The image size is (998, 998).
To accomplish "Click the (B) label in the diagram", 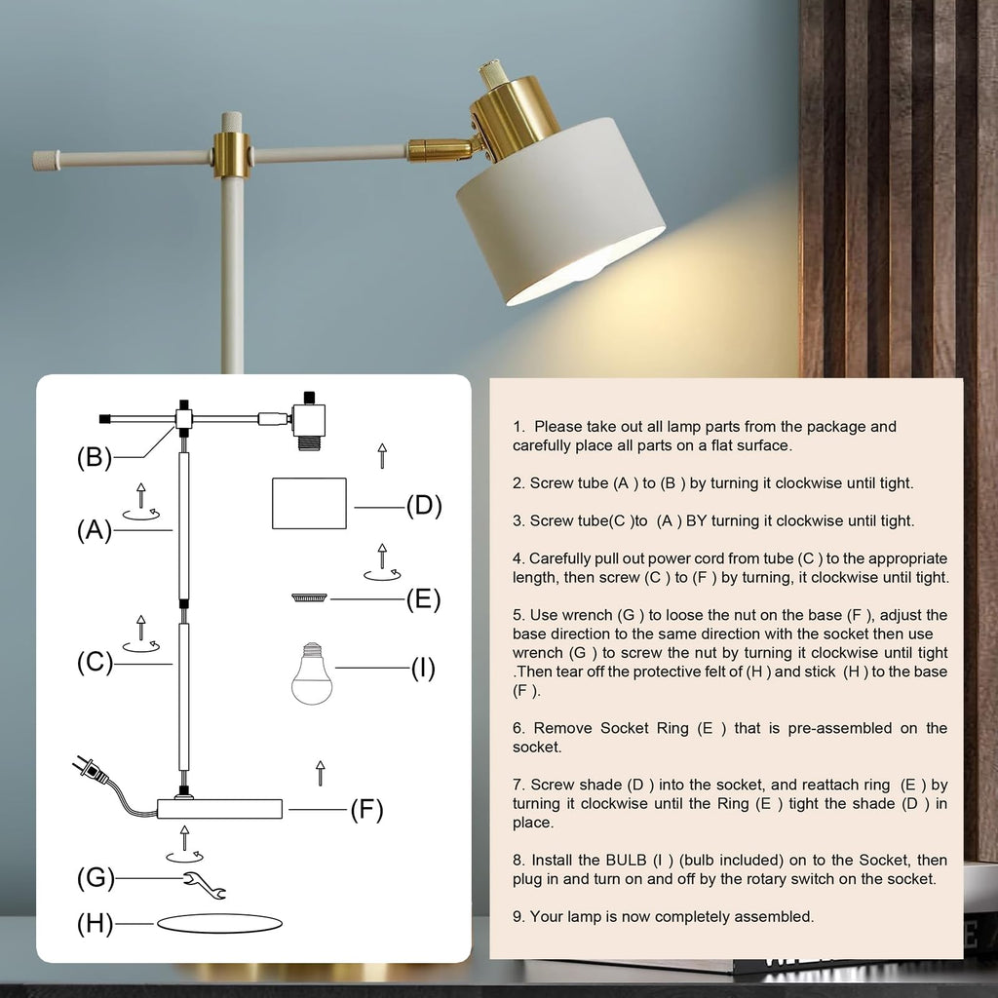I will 95,457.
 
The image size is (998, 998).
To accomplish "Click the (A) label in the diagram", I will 95,530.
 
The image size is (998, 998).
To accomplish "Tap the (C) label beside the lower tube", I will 95,663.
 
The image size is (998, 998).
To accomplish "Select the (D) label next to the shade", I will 424,506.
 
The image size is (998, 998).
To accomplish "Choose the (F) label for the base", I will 366,809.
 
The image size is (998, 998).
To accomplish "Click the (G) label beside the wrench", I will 95,878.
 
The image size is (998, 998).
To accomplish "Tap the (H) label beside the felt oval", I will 95,923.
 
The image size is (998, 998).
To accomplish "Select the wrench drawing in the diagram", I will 205,885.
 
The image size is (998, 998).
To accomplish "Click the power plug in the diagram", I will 90,771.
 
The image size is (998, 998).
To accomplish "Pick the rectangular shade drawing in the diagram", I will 309,503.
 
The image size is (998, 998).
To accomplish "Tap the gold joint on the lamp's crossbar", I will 232,155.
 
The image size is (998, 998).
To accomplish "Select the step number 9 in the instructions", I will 518,916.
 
